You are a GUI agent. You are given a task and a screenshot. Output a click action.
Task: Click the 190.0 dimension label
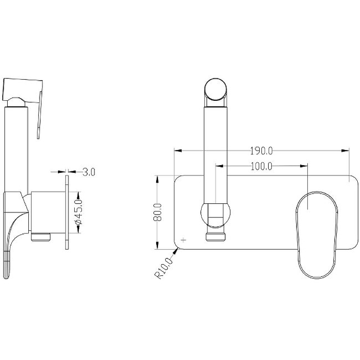click(261, 151)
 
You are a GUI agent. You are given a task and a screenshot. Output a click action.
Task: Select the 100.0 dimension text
click(261, 166)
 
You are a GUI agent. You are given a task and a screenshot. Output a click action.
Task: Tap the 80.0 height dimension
click(157, 212)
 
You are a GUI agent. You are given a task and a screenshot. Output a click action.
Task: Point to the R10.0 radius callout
click(164, 268)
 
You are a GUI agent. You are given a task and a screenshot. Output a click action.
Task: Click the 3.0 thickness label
click(89, 172)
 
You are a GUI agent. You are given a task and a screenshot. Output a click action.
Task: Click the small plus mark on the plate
click(184, 240)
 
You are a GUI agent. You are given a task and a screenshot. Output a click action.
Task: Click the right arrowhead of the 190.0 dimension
click(345, 151)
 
